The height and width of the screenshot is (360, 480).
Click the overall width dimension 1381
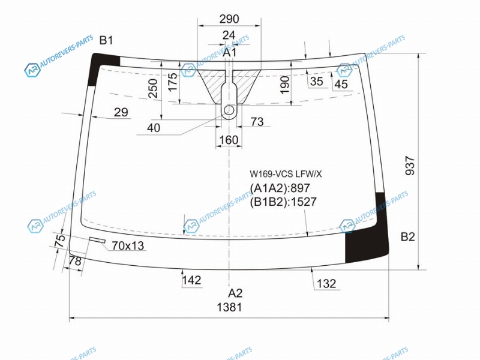pos(229,307)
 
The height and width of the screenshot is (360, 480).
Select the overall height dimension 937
pos(410,166)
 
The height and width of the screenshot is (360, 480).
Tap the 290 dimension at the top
pos(229,19)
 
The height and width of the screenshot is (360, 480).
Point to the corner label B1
pos(106,40)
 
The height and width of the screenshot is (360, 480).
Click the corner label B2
pos(408,236)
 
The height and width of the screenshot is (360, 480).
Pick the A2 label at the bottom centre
pos(235,293)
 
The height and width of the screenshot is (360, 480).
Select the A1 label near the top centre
pos(229,52)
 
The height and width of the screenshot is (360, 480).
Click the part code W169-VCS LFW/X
pos(286,174)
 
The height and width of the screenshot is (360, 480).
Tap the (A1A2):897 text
pos(280,188)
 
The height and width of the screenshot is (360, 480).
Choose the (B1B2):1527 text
pos(283,202)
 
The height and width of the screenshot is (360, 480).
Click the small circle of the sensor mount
pos(229,110)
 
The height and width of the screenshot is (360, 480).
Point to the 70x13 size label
pos(128,245)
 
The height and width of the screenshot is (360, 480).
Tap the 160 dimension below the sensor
pos(229,140)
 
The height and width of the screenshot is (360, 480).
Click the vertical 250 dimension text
pos(152,88)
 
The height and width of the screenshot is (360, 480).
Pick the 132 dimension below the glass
pos(326,284)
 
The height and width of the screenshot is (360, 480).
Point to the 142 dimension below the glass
pos(191,280)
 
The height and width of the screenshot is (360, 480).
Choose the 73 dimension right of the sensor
pos(257,122)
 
